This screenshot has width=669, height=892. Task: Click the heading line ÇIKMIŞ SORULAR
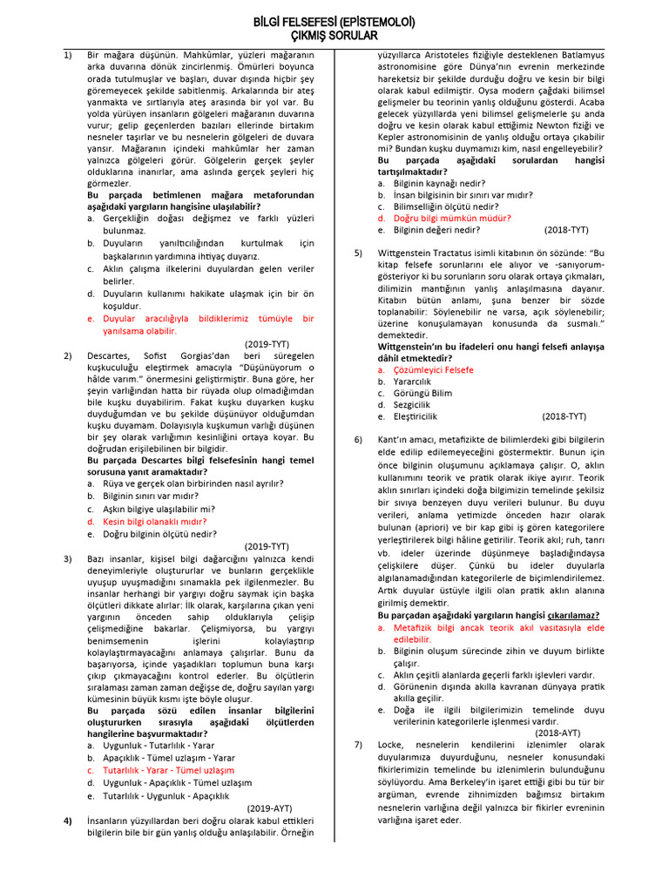pyautogui.click(x=334, y=36)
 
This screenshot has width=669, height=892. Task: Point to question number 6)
pyautogui.click(x=358, y=439)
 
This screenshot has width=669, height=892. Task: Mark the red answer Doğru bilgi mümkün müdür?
pyautogui.click(x=452, y=219)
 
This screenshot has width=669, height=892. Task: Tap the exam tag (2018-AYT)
pyautogui.click(x=557, y=733)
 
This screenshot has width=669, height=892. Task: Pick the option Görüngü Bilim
pyautogui.click(x=423, y=393)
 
